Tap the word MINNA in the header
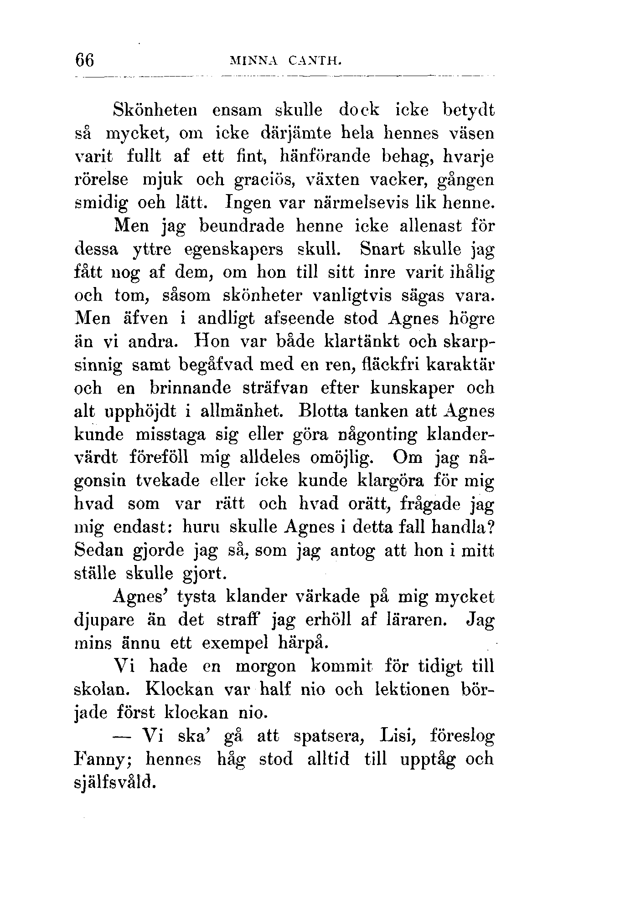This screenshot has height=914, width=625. [x=256, y=60]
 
